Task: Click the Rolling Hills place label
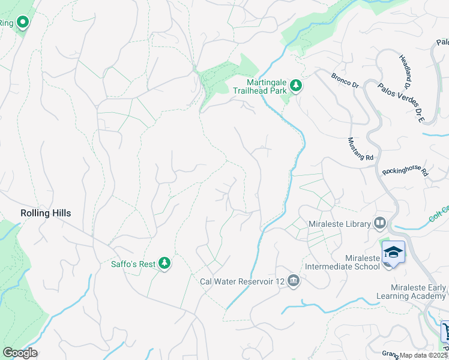[x=45, y=213]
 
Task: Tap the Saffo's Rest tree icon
[x=164, y=263]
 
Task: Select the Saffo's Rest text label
[x=133, y=263]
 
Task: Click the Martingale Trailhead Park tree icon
[x=295, y=86]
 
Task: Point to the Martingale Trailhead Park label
[x=267, y=86]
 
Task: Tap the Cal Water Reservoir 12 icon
[x=293, y=281]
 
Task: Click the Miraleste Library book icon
[x=379, y=224]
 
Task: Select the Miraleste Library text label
[x=338, y=224]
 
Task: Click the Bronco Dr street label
[x=345, y=80]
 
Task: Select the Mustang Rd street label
[x=361, y=149]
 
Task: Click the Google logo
[x=19, y=353]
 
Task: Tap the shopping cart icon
[x=445, y=331]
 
